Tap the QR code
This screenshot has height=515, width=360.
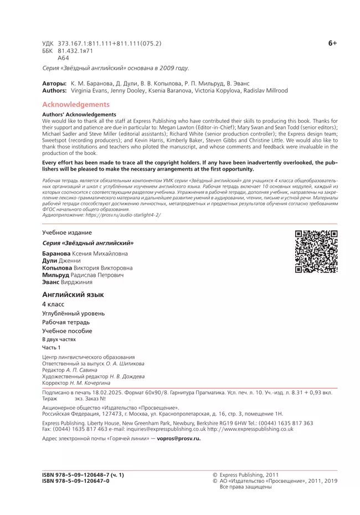click(316, 251)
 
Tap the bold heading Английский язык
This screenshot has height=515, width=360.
click(73, 295)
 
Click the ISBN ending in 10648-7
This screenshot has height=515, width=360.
click(83, 475)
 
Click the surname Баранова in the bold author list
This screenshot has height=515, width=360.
click(55, 254)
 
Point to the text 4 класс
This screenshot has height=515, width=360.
click(53, 305)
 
